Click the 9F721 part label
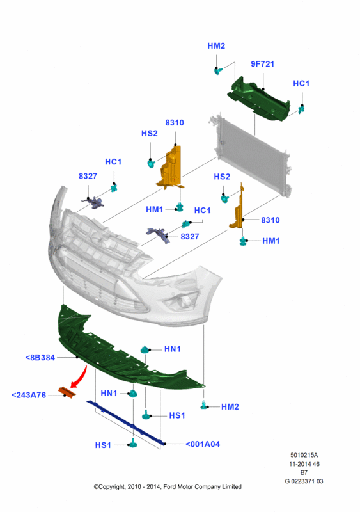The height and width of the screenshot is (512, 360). click(262, 64)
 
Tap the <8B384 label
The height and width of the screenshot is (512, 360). click(40, 358)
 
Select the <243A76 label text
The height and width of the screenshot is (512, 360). click(29, 395)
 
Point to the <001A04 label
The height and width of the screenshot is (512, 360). click(203, 444)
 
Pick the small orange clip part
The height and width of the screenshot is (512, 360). click(67, 392)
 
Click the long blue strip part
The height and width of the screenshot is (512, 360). click(126, 423)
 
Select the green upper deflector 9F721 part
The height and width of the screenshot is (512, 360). click(258, 100)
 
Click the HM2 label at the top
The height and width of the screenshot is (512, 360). click(216, 46)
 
